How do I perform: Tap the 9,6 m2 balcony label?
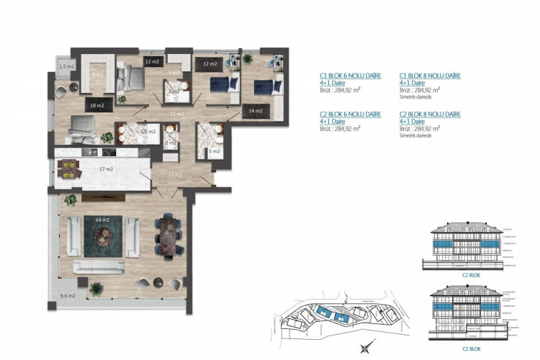coord(67,296)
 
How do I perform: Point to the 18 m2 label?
coord(96,107)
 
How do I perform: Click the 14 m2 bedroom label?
coord(254,111)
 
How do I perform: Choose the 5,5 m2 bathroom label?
coord(148,132)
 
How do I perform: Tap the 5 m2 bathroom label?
coord(214,151)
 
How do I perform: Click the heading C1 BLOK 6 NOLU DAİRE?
coord(351,75)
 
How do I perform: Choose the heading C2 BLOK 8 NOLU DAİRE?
coord(430,114)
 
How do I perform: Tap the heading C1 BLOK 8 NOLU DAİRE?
coord(430,75)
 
